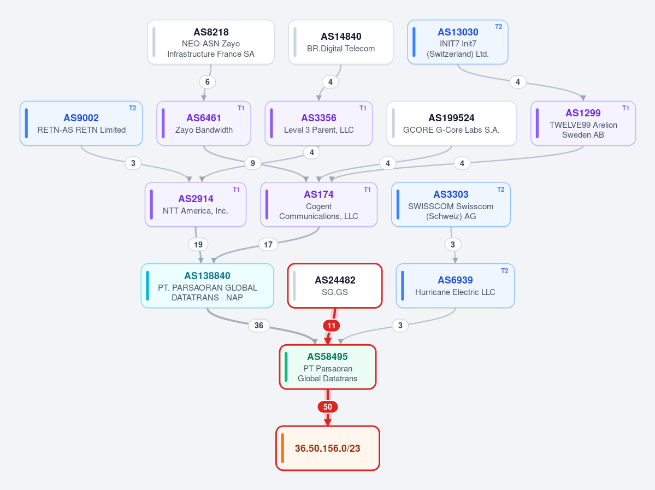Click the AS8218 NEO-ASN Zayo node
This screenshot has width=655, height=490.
tap(210, 42)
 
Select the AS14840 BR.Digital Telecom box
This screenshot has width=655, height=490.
tap(341, 42)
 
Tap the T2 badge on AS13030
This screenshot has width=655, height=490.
tap(498, 27)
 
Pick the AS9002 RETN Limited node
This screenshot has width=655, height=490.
tap(81, 123)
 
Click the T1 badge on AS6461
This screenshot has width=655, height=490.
tap(241, 108)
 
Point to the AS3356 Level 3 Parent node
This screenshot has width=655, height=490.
tap(318, 123)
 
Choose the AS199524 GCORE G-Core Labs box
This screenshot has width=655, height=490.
tap(452, 123)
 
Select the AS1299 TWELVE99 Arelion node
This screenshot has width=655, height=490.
tap(583, 123)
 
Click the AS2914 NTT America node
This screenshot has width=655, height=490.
tap(196, 204)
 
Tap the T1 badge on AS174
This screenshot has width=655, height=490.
tap(367, 190)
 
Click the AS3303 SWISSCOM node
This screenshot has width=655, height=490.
tap(451, 204)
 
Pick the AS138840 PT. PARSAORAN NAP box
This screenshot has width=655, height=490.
tap(207, 286)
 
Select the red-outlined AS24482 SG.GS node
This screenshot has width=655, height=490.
tap(335, 286)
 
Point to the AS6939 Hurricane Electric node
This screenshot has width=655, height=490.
tap(455, 286)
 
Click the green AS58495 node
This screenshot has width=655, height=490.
tap(328, 367)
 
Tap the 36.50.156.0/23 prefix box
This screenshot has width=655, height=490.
tap(328, 448)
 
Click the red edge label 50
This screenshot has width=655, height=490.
tap(328, 407)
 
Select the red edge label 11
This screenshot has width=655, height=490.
tap(331, 326)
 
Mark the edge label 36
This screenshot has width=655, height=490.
tap(259, 326)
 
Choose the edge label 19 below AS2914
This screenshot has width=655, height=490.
tap(198, 244)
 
